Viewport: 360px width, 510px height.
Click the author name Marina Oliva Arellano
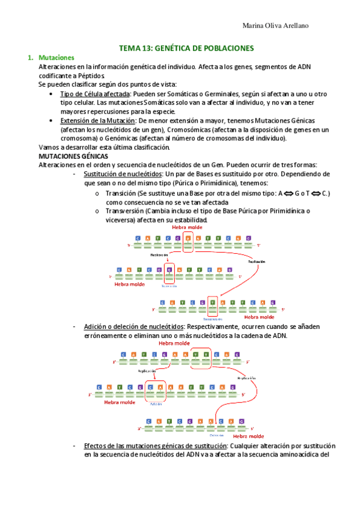278,25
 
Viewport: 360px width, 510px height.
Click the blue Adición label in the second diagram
156,405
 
